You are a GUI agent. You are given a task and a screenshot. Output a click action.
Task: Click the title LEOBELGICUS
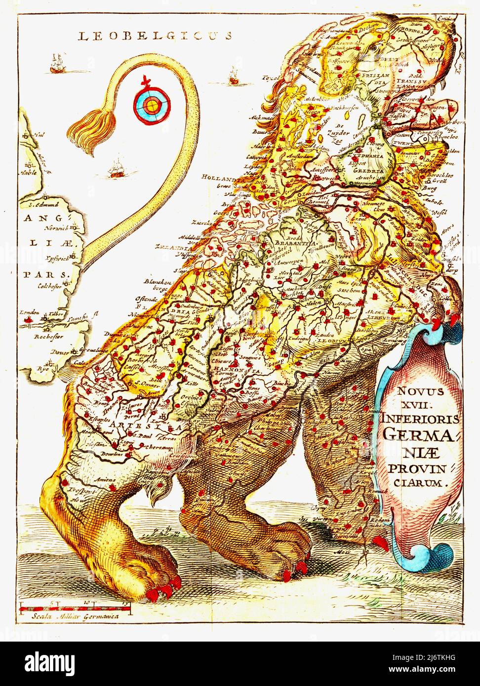pyautogui.click(x=156, y=35)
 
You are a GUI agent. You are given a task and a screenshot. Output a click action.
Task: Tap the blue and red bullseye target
pyautogui.click(x=152, y=104)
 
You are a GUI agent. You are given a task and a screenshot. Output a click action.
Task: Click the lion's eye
pyautogui.click(x=376, y=47)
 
